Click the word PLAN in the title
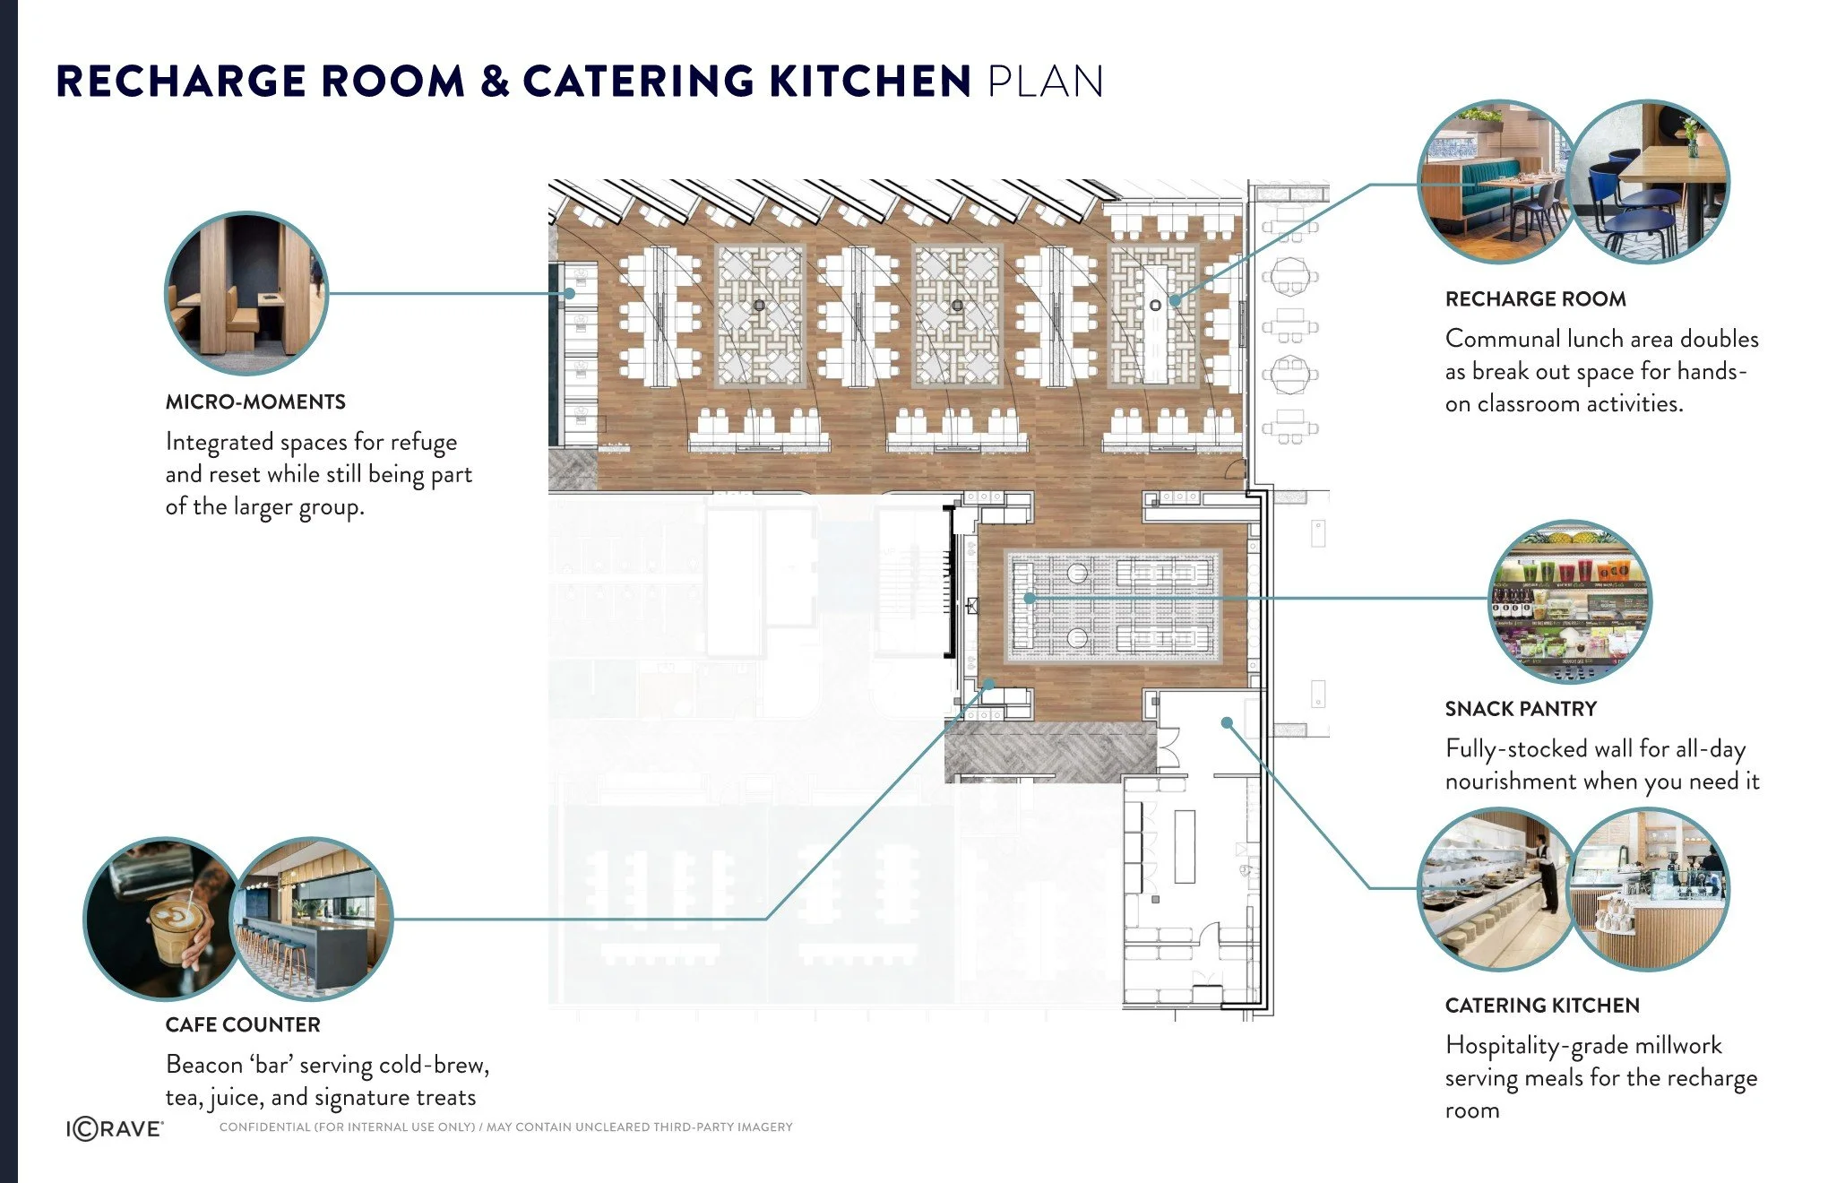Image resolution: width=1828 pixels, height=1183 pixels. pyautogui.click(x=1045, y=82)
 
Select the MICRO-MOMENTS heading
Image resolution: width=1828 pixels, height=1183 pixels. pyautogui.click(x=255, y=402)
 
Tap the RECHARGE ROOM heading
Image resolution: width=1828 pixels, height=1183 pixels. pyautogui.click(x=1535, y=299)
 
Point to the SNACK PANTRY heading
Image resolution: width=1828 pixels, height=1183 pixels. pyautogui.click(x=1521, y=709)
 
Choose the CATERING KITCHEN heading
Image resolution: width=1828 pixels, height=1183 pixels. pyautogui.click(x=1542, y=1006)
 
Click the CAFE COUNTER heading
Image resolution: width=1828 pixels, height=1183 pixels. pyautogui.click(x=243, y=1024)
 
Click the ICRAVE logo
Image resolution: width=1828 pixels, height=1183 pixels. pyautogui.click(x=115, y=1129)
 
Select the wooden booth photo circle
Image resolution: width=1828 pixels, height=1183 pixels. pyautogui.click(x=246, y=293)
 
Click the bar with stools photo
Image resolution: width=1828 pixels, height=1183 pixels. pyautogui.click(x=314, y=918)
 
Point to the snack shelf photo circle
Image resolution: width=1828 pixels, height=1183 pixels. pyautogui.click(x=1569, y=602)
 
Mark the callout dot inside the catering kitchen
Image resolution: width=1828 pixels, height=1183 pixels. pyautogui.click(x=1227, y=722)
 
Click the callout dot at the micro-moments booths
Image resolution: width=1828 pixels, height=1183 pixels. pyautogui.click(x=569, y=293)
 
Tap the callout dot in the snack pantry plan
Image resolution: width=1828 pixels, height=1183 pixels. pyautogui.click(x=1030, y=598)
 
